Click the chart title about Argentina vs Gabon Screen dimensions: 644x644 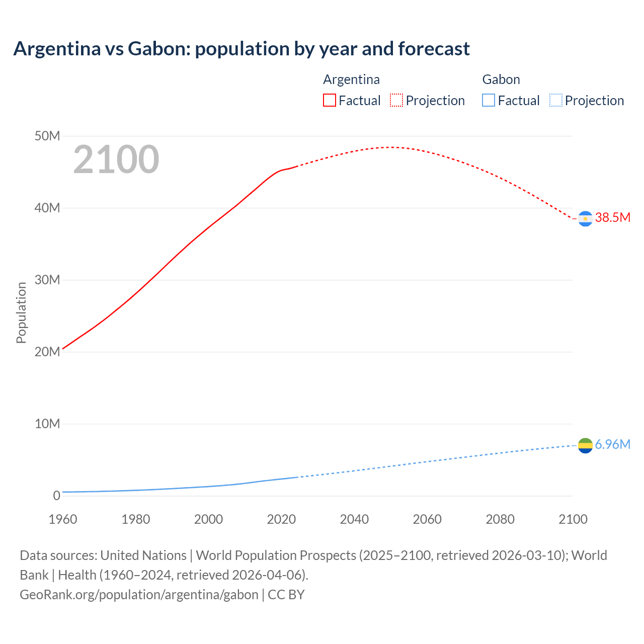(242, 49)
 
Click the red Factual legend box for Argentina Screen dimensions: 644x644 (329, 101)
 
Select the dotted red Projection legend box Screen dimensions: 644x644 (396, 101)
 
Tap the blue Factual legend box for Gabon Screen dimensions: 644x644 (489, 101)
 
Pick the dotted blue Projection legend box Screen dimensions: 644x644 (556, 101)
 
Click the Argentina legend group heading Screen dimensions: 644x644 (351, 79)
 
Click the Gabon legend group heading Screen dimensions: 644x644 (501, 79)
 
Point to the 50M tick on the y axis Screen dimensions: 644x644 (47, 136)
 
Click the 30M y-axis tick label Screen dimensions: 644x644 (47, 280)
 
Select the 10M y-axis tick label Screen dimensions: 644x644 (47, 424)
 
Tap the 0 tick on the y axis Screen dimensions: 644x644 (56, 496)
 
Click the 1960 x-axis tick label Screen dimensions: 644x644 (63, 519)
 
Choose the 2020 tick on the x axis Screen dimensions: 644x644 (281, 519)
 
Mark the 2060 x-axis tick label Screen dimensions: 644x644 (427, 519)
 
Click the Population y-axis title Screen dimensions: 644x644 (21, 312)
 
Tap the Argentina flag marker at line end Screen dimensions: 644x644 (585, 219)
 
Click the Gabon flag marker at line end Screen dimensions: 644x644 (585, 445)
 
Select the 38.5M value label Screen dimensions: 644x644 (612, 217)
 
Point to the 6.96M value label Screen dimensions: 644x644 (612, 444)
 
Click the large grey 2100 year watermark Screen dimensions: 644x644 (116, 159)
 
